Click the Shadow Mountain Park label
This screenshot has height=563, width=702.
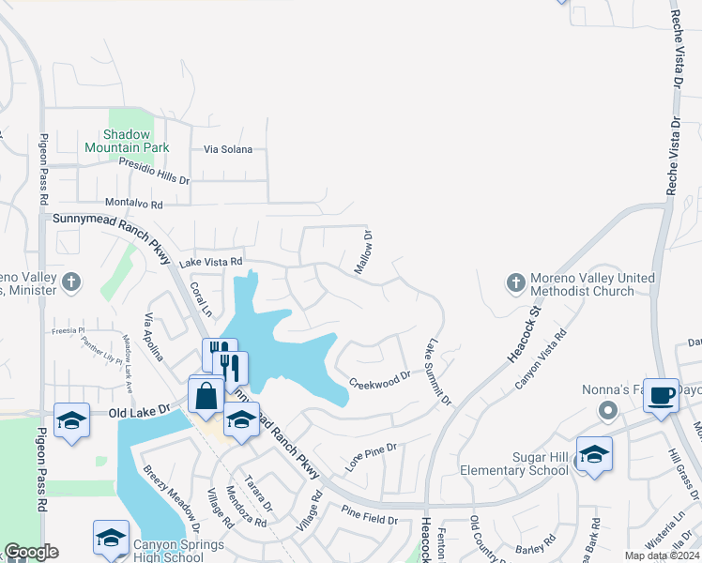[127, 141]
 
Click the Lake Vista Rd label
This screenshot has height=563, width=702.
[211, 262]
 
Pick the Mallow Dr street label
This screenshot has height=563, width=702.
[363, 253]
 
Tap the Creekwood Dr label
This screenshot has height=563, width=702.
[380, 379]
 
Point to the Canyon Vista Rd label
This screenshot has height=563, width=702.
[542, 360]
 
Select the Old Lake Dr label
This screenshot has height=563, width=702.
[138, 411]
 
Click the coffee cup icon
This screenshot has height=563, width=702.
[661, 394]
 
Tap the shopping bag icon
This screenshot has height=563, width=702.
[206, 394]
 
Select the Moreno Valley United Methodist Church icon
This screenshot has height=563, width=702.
[514, 281]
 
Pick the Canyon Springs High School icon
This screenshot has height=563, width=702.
[111, 538]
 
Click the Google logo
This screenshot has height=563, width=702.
[30, 552]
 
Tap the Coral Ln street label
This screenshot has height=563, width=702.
[198, 299]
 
